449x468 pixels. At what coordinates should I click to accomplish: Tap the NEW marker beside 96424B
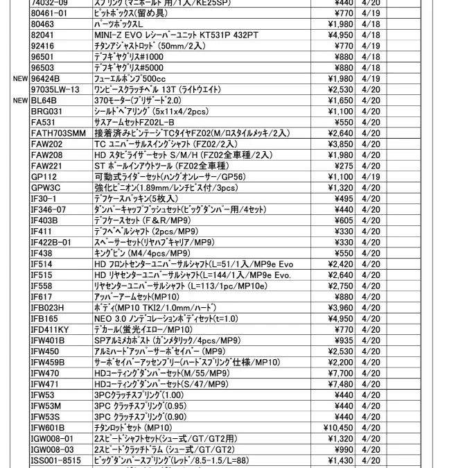(x=19, y=79)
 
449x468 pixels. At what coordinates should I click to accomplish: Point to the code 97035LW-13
(x=55, y=89)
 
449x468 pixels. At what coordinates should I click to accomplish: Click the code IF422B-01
(x=51, y=242)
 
